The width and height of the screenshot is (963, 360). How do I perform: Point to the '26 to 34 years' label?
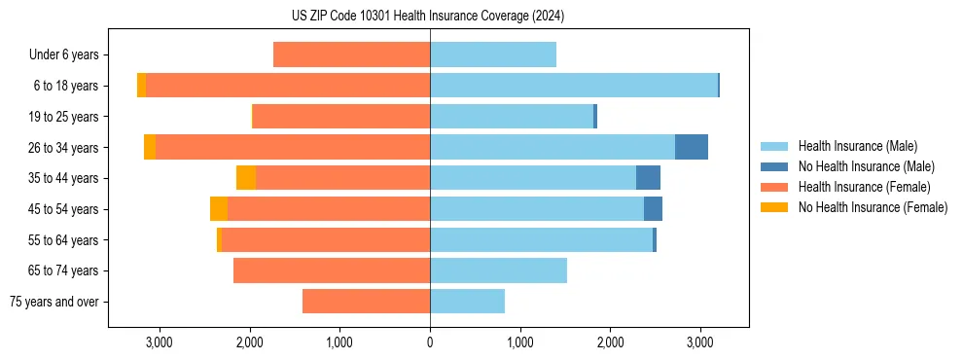(x=64, y=148)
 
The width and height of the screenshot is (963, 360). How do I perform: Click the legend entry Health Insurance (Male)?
(x=856, y=146)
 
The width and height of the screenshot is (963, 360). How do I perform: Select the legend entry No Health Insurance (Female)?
(x=873, y=207)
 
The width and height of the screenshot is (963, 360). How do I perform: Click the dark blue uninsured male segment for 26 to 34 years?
(x=692, y=147)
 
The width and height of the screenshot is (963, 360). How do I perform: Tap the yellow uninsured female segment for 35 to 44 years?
(x=246, y=178)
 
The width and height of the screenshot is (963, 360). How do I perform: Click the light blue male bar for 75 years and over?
(x=467, y=302)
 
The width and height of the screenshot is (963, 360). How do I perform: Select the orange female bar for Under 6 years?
(x=351, y=54)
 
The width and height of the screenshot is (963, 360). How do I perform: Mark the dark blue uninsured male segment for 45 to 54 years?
(x=653, y=209)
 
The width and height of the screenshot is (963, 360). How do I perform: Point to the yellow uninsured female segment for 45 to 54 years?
(x=219, y=209)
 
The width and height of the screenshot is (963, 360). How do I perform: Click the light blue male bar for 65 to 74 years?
(x=498, y=270)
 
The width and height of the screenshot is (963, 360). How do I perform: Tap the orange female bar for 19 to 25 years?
(x=341, y=117)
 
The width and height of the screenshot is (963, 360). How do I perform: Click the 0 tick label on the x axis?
(x=430, y=342)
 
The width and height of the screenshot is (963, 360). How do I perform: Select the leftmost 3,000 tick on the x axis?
(x=159, y=342)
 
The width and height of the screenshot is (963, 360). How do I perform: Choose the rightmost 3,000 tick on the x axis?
(x=700, y=342)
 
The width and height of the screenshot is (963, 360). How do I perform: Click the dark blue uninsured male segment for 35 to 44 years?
(x=648, y=178)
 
